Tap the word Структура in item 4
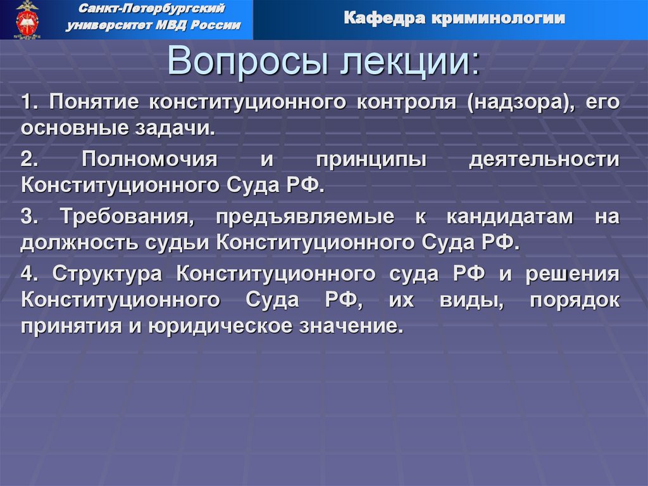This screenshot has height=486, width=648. click(108, 273)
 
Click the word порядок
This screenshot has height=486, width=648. click(575, 301)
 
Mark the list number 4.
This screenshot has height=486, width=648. click(29, 273)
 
